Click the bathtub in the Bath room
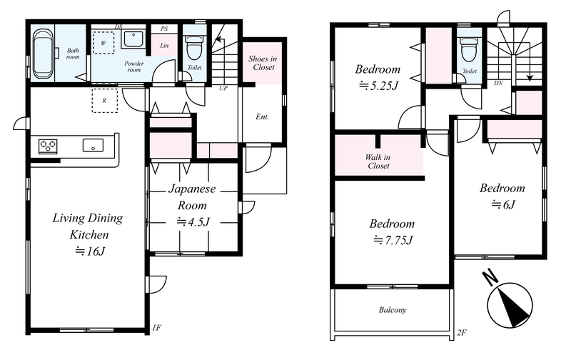[44, 53]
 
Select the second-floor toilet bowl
[469, 51]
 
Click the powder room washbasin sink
[133, 39]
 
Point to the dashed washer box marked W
[103, 43]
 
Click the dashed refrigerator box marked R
[104, 101]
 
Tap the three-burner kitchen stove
[48, 146]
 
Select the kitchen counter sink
[93, 146]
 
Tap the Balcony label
[392, 310]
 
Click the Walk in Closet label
[378, 161]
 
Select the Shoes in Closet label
[263, 63]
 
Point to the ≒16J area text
[90, 251]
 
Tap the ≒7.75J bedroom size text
[393, 240]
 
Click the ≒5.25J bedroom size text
[378, 86]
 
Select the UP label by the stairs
[223, 88]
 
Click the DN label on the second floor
[498, 83]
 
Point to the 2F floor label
[462, 332]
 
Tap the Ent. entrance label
[262, 117]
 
